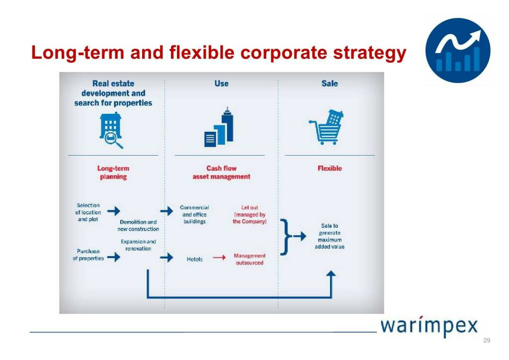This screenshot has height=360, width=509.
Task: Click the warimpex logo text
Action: click(x=429, y=326)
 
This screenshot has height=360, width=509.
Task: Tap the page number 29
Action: click(x=487, y=340)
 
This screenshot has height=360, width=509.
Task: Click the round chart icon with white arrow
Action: click(x=458, y=50)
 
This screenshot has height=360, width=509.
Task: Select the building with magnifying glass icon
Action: click(x=111, y=130)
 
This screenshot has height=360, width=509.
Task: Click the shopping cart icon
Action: click(x=326, y=127)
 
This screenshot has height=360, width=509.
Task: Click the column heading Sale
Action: click(x=330, y=84)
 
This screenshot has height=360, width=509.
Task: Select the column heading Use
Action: click(x=221, y=84)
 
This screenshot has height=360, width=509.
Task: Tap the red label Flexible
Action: click(x=330, y=168)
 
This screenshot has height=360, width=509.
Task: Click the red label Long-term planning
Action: click(x=113, y=173)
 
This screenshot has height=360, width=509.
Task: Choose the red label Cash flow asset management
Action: click(x=221, y=173)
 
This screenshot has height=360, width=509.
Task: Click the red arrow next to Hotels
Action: click(x=219, y=258)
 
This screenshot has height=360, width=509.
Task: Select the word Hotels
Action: click(x=194, y=259)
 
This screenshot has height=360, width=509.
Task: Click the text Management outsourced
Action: click(x=250, y=259)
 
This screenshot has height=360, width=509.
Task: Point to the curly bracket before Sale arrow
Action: click(x=285, y=237)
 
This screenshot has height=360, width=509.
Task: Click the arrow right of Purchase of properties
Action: click(x=114, y=257)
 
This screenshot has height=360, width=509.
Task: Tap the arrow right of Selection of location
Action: click(x=114, y=211)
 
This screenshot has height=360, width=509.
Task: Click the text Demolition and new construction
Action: click(x=138, y=225)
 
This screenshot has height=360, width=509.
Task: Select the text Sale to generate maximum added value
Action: click(x=330, y=236)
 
